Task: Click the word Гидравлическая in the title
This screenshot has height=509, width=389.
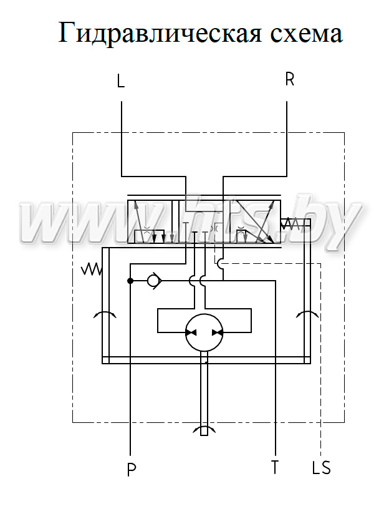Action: point(160,33)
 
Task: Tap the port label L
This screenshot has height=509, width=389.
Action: point(121,81)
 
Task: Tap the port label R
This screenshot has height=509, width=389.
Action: point(289,79)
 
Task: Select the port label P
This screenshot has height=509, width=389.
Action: point(132,470)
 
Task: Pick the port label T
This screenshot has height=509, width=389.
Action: point(275,467)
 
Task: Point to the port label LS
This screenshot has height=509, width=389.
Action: point(321,467)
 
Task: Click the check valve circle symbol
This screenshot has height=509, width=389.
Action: point(152,281)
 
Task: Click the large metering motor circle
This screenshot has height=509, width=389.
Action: point(204,332)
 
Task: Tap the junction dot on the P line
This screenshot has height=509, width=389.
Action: point(130,281)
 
